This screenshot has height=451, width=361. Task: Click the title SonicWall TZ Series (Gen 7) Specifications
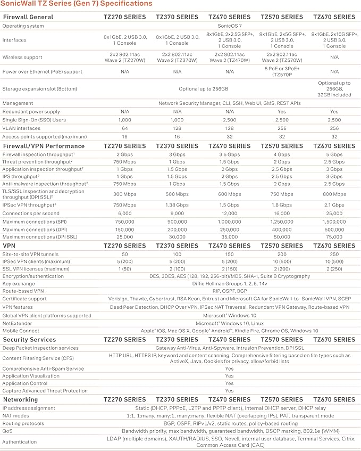pyautogui.click(x=76, y=4)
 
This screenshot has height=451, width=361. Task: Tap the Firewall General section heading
pyautogui.click(x=28, y=17)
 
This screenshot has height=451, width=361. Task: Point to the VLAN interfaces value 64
pyautogui.click(x=124, y=128)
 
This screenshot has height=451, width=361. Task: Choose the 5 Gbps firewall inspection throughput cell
pyautogui.click(x=334, y=154)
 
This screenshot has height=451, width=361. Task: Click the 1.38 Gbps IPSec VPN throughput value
pyautogui.click(x=177, y=204)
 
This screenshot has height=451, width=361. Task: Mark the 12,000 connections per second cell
pyautogui.click(x=229, y=212)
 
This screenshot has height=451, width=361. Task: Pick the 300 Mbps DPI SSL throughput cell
pyautogui.click(x=124, y=194)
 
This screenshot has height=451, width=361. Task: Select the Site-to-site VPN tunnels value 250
pyautogui.click(x=334, y=255)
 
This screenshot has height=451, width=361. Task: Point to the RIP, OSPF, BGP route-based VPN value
pyautogui.click(x=229, y=291)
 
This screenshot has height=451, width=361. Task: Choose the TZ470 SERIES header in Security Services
pyautogui.click(x=229, y=340)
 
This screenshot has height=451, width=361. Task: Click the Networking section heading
pyautogui.click(x=20, y=399)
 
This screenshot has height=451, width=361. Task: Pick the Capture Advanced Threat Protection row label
pyautogui.click(x=45, y=391)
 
